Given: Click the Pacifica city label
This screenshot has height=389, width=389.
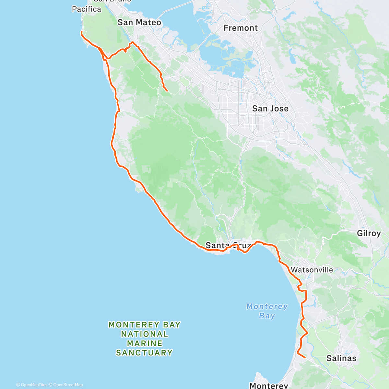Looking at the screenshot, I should click(87, 9).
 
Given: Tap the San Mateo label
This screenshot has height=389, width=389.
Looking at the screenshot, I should click(139, 22).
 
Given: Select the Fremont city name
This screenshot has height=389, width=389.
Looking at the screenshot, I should click(241, 28).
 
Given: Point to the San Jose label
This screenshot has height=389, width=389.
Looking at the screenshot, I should click(270, 109).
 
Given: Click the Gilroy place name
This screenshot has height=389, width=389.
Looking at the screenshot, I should click(369, 233).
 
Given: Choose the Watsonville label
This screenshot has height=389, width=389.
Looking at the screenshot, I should click(312, 270).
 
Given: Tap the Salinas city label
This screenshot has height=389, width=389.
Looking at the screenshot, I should click(341, 358).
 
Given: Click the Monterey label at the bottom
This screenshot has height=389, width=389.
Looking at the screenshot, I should click(268, 385).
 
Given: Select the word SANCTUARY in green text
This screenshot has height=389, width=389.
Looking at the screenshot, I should click(144, 353).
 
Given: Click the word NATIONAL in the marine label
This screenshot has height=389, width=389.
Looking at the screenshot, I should click(145, 334).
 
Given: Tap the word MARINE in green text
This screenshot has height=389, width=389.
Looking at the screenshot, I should click(145, 343).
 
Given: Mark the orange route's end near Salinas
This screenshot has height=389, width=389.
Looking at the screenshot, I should click(305, 358).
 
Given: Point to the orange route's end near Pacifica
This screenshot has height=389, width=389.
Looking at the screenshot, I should click(81, 32).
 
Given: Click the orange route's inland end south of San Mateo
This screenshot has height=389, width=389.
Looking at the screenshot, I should click(167, 91).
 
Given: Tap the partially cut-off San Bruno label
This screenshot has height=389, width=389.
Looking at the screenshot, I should click(112, 1).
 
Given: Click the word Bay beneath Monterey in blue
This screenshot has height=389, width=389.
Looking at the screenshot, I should click(267, 316).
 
